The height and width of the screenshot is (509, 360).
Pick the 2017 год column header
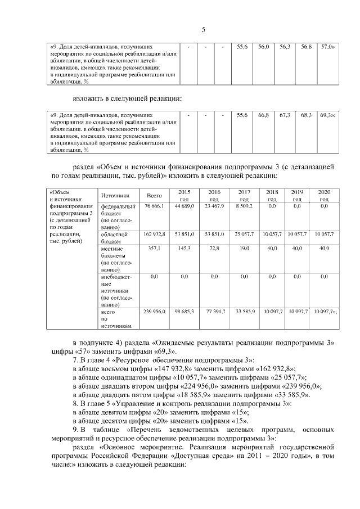pyautogui.click(x=244, y=195)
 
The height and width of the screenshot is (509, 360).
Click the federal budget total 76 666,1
pyautogui.click(x=154, y=207)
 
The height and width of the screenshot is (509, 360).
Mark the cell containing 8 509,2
pyautogui.click(x=244, y=207)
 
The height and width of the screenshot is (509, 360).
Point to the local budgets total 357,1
pyautogui.click(x=154, y=247)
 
